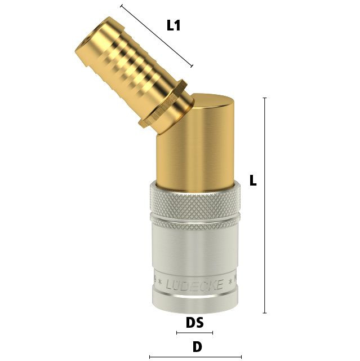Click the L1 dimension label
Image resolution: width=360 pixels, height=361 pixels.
point(174,25)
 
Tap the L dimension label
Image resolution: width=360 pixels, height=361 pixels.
point(253,180)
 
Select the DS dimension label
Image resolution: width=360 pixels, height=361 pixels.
point(195,322)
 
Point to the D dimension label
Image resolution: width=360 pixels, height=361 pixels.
point(197,347)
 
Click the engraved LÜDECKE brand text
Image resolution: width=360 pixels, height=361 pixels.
point(194,285)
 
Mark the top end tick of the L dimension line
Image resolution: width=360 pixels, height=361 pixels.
point(265,98)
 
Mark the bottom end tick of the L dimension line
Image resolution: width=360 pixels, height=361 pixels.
point(265,313)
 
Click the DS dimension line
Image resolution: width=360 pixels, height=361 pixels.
point(194,333)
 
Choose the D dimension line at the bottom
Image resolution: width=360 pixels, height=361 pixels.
point(195,357)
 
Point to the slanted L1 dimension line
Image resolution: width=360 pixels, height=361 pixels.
point(157,36)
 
